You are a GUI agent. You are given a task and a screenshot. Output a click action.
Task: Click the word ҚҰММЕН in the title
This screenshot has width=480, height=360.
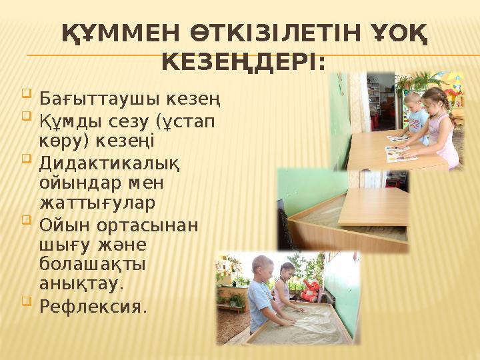(x=108, y=33)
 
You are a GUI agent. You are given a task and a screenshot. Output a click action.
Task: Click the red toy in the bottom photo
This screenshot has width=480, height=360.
(x=310, y=290)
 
